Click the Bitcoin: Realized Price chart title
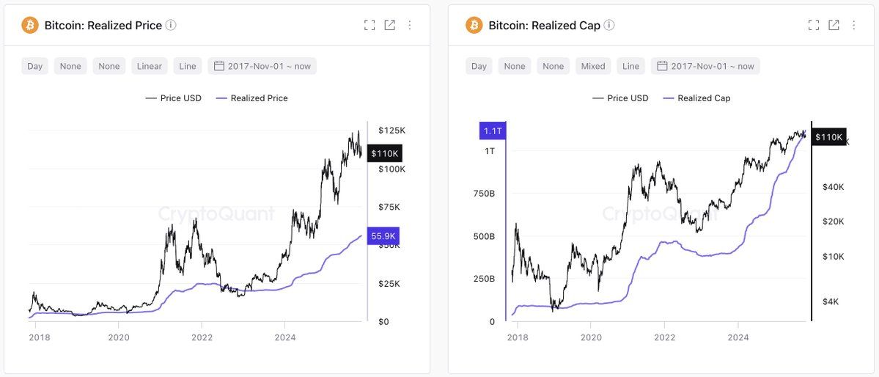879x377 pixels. point(103,26)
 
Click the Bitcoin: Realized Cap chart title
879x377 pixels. point(544,26)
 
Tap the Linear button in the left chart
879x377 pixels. point(149,66)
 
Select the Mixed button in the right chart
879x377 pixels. point(593,66)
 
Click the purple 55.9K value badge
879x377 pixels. point(383,236)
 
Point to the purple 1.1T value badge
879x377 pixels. point(492,131)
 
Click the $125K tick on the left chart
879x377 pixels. point(391,131)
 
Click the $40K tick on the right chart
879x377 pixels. point(833,187)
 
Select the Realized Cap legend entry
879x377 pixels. point(696,98)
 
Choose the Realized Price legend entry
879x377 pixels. point(251,98)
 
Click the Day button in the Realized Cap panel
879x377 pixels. point(479,66)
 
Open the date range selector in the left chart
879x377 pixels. point(262,66)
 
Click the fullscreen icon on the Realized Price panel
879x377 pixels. point(369,26)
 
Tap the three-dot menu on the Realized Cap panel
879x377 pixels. point(853,26)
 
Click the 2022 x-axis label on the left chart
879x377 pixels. point(202,337)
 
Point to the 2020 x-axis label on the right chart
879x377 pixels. point(591,337)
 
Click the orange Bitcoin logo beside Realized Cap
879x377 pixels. point(474,26)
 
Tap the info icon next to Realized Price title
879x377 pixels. point(171,26)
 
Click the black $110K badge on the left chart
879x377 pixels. point(384,153)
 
